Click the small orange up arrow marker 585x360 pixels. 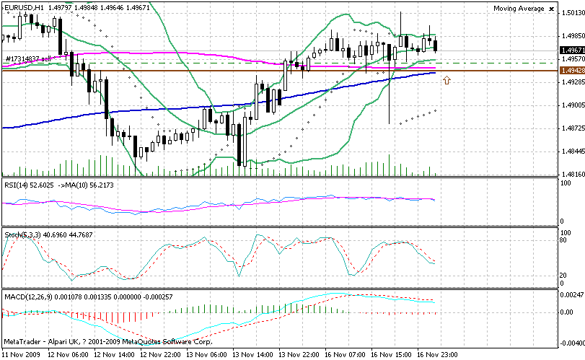click(x=447, y=79)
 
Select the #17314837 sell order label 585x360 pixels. click(x=29, y=58)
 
